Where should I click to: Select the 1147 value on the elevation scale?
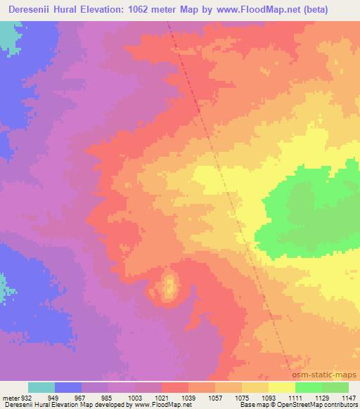pyautogui.click(x=349, y=398)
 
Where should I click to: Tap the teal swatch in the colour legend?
pyautogui.click(x=41, y=387)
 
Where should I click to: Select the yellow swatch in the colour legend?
pyautogui.click(x=281, y=387)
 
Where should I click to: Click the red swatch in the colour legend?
pyautogui.click(x=175, y=387)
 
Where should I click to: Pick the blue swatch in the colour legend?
pyautogui.click(x=68, y=387)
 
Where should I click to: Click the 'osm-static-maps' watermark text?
pyautogui.click(x=326, y=375)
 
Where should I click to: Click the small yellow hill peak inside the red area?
pyautogui.click(x=169, y=287)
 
